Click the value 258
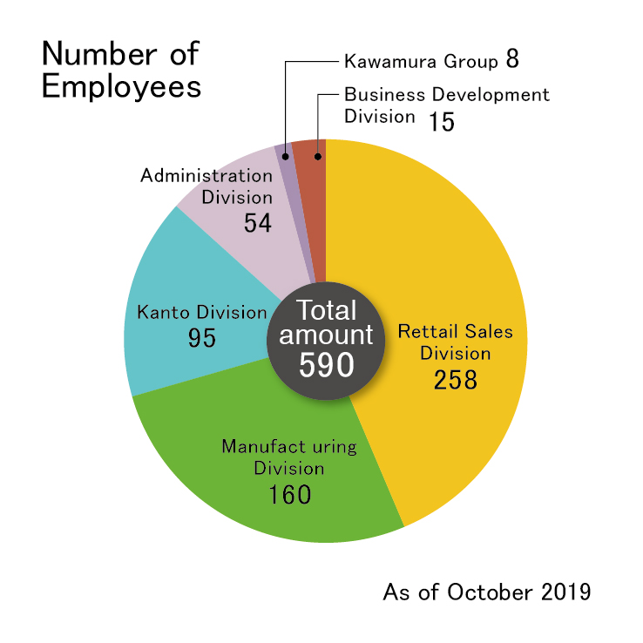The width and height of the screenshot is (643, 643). pos(456,380)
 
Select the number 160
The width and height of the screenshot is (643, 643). pos(289,495)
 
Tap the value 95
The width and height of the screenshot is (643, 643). pos(202,337)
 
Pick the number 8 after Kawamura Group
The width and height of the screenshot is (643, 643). pos(511,62)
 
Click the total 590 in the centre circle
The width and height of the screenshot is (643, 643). pos(326,364)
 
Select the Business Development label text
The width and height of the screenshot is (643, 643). pos(446,95)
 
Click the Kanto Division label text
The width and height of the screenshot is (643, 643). pos(202,312)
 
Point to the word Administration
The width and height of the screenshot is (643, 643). pos(206,176)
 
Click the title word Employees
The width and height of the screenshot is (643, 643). pos(121,88)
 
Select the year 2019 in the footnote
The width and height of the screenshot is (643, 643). pos(565,592)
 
